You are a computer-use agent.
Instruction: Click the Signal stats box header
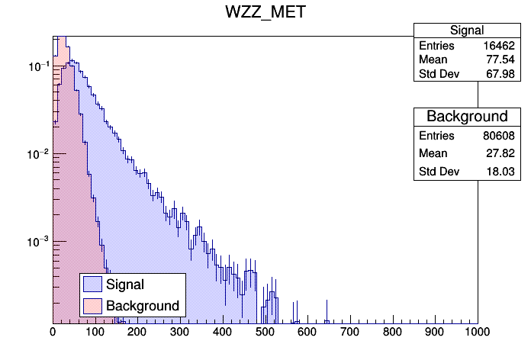[467, 31]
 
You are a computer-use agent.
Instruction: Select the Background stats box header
[467, 117]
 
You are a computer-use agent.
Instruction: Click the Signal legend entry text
[125, 284]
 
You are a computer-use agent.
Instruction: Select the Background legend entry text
[143, 306]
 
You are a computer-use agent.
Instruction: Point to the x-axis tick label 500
[265, 333]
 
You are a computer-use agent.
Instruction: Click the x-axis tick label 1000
[477, 333]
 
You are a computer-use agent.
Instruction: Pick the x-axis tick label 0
[53, 333]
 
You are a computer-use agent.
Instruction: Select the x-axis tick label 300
[180, 333]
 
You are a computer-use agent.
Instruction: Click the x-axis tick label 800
[393, 333]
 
